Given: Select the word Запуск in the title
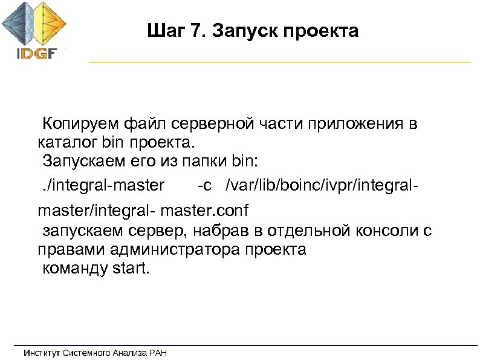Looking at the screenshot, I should coord(233,31).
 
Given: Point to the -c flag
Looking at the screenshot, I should coord(206,184).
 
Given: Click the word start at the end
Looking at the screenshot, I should coord(129,268).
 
